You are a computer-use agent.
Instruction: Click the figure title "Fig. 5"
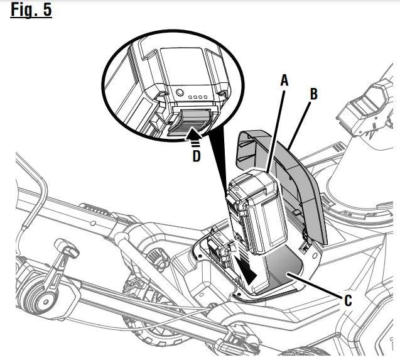[31, 12]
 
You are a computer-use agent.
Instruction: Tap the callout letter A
[284, 80]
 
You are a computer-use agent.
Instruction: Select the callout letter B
[314, 94]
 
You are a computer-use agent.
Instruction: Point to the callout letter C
[347, 300]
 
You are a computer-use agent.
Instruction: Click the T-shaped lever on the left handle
[64, 249]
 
